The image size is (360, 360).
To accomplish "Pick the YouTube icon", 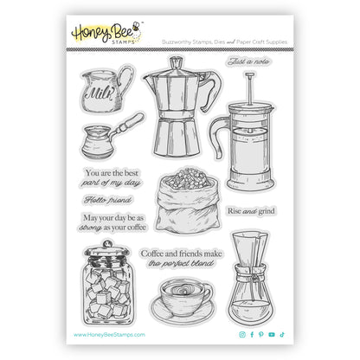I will tap(271, 334).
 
